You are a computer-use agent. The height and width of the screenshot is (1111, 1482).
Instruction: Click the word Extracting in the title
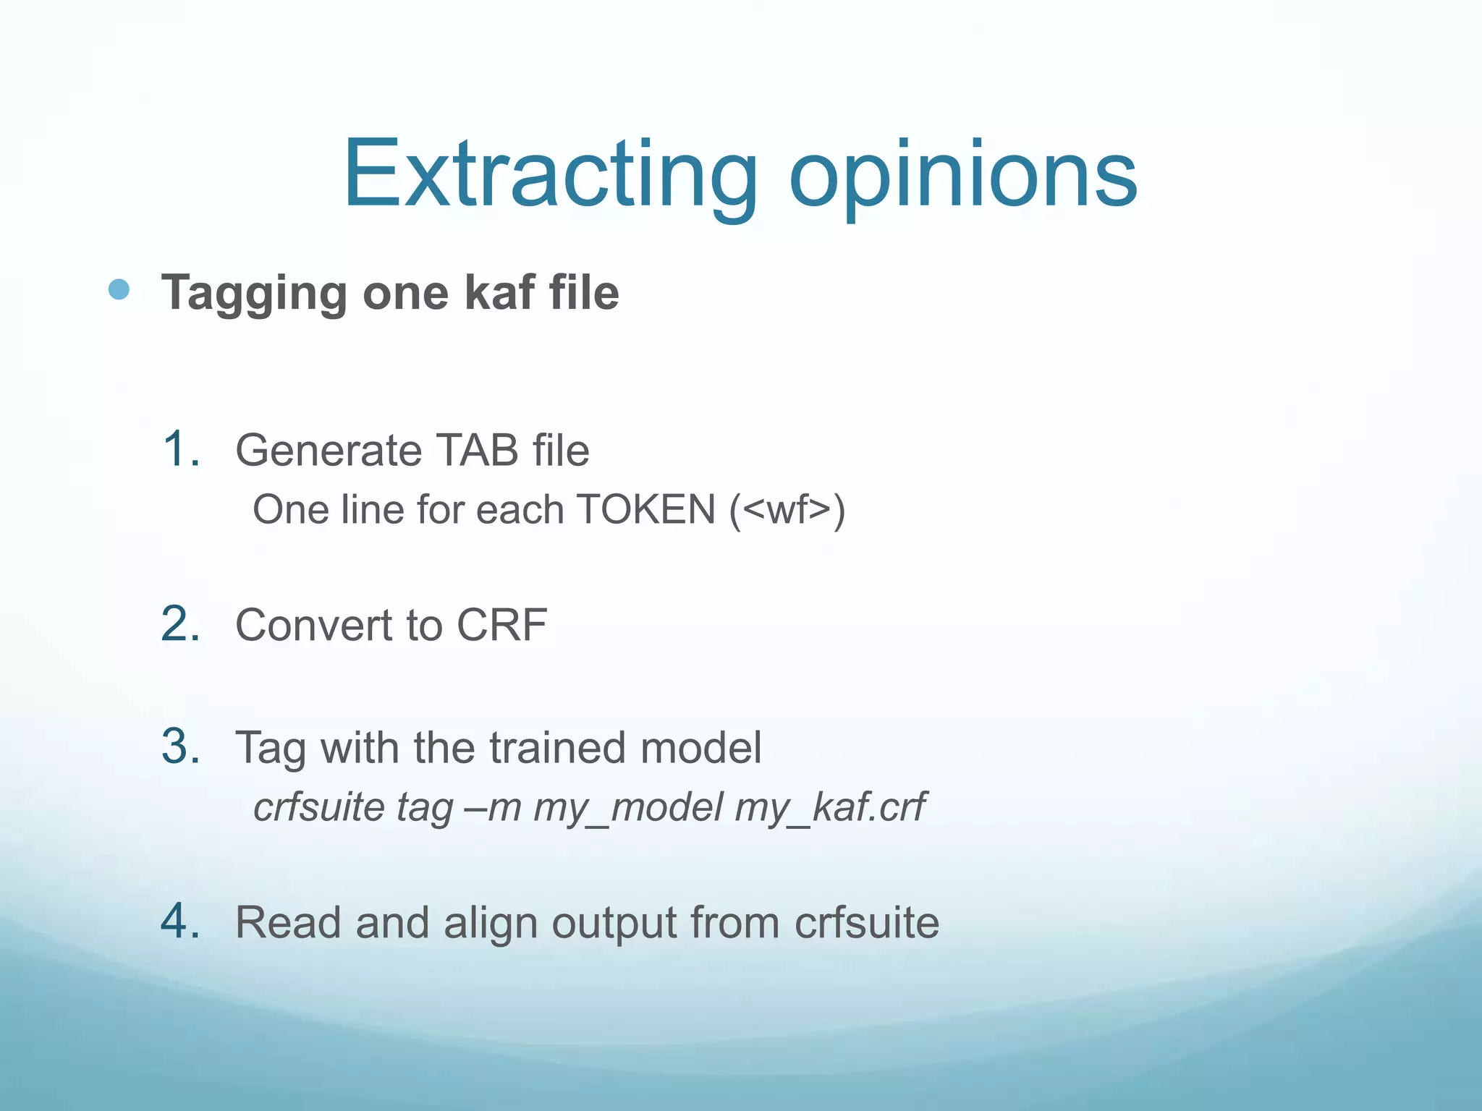550,176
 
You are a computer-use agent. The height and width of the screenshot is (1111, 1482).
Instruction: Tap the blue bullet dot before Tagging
119,290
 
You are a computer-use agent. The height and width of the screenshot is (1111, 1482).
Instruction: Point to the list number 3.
180,746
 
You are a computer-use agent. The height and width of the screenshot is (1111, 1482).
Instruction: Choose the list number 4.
180,921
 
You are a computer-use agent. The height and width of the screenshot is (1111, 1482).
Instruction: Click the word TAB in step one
478,450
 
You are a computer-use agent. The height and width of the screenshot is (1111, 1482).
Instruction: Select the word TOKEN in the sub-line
646,509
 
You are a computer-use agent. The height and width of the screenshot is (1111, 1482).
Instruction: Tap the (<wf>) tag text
787,511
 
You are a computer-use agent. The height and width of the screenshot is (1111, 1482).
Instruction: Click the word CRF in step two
501,625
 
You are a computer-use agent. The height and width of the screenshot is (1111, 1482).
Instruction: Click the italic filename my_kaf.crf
830,808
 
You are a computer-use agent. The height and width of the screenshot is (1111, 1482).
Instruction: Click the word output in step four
614,924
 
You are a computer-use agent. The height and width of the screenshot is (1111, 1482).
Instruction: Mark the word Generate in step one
328,450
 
